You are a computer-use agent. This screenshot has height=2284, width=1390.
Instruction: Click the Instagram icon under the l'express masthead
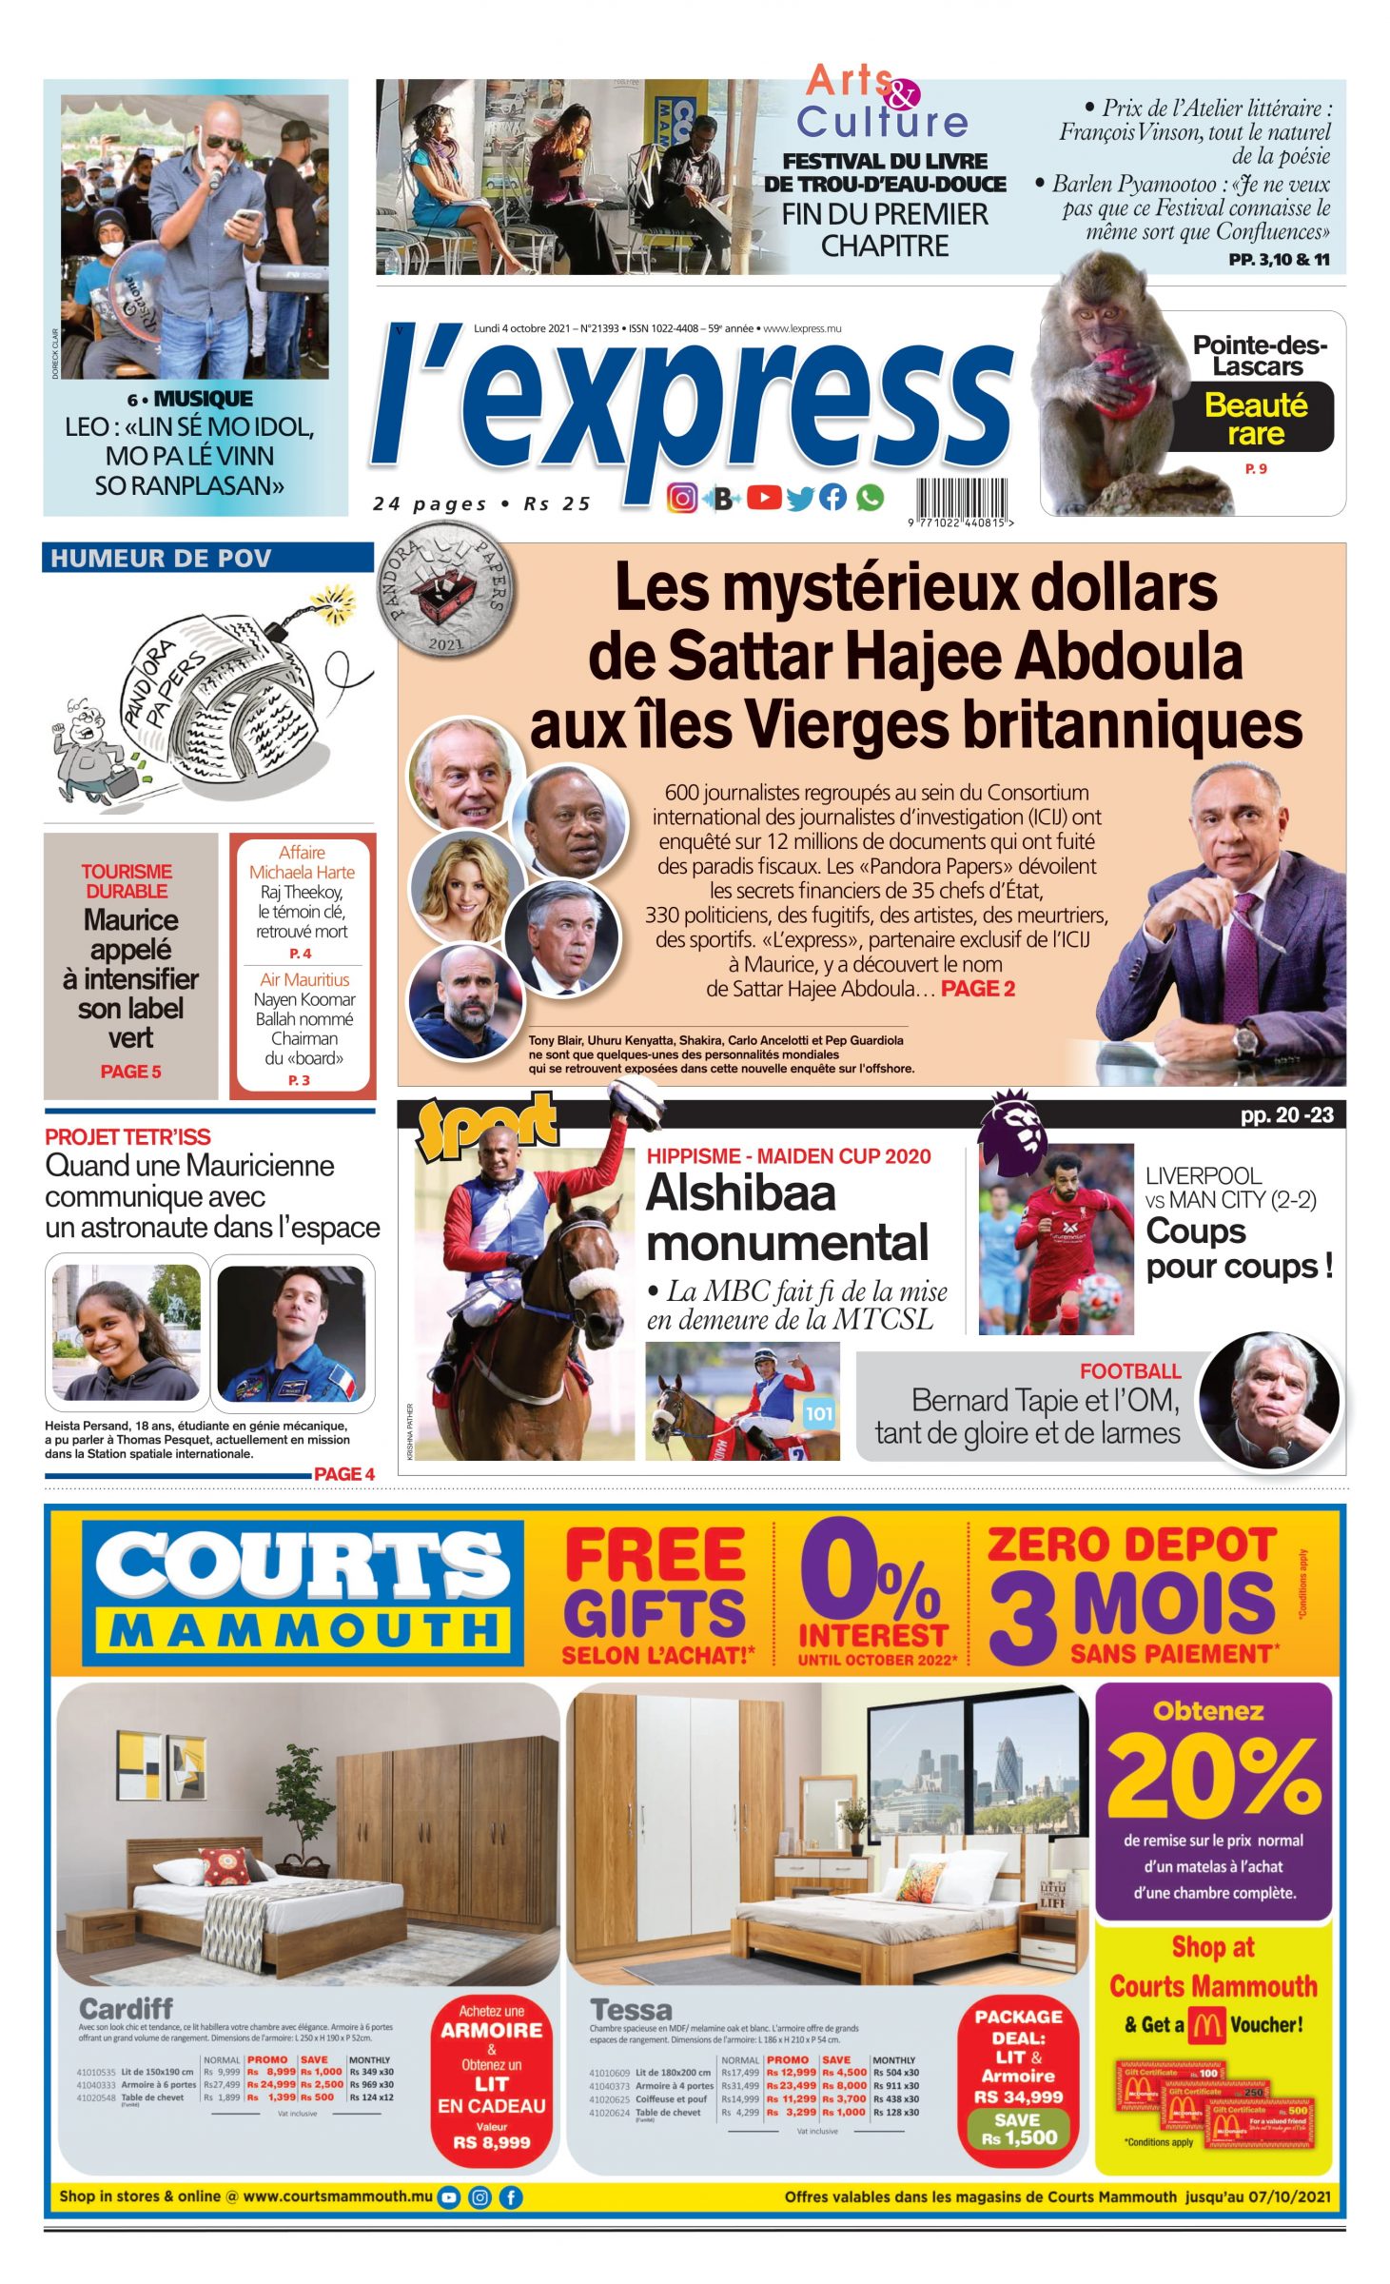(681, 498)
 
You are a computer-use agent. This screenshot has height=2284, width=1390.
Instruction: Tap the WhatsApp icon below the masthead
(870, 498)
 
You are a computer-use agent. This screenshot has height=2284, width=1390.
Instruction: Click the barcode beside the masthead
(961, 498)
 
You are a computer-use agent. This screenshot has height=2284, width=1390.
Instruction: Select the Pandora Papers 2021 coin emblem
(445, 599)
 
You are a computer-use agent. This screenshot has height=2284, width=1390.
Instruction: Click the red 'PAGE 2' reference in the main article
(978, 989)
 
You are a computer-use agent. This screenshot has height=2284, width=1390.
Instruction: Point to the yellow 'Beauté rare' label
(1256, 419)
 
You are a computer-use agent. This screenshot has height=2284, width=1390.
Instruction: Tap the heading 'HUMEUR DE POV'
(161, 559)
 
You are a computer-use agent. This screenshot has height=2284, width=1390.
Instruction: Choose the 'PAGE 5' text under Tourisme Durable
(131, 1072)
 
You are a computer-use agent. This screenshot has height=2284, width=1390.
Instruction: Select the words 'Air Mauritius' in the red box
(304, 979)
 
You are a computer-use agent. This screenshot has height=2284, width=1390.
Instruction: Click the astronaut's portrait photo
(291, 1331)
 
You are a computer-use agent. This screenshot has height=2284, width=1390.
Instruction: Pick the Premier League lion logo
(1014, 1126)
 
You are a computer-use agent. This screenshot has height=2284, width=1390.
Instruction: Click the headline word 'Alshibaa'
(741, 1193)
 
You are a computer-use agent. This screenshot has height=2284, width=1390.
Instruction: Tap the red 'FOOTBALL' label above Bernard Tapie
(1130, 1371)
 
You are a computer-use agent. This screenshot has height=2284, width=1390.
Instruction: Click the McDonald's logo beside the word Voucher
(1206, 2025)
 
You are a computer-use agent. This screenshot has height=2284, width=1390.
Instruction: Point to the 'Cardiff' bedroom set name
(126, 2009)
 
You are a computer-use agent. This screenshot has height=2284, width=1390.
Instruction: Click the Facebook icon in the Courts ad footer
(511, 2197)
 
